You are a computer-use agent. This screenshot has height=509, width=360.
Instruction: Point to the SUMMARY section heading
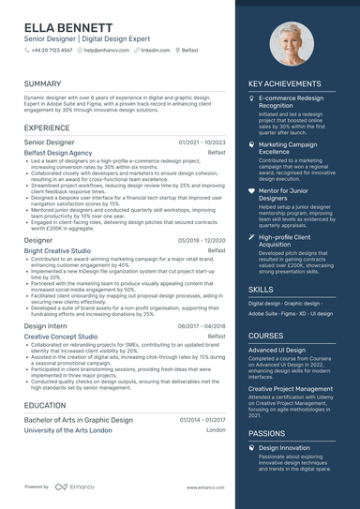tap(43, 83)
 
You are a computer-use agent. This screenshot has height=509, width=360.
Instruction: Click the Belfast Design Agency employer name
tap(58, 152)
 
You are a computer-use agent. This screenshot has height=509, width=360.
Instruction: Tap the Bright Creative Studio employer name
tap(57, 251)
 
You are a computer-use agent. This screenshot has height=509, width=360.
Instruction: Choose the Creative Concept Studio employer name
tap(61, 336)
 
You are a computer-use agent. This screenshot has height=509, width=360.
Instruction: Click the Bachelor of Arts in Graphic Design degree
tap(79, 420)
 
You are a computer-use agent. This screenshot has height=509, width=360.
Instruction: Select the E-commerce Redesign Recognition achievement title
tap(291, 101)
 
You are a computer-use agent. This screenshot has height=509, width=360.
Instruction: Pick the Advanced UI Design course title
tap(278, 350)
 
